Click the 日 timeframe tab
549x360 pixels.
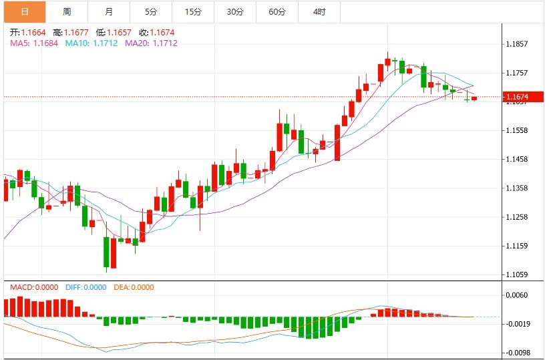pyautogui.click(x=24, y=12)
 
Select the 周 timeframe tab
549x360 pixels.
pyautogui.click(x=67, y=12)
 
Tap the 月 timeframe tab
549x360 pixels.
pyautogui.click(x=109, y=12)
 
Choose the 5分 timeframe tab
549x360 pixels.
pyautogui.click(x=151, y=12)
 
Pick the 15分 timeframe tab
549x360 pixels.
pyautogui.click(x=193, y=12)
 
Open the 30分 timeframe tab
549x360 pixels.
pyautogui.click(x=235, y=12)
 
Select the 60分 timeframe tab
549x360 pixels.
pyautogui.click(x=277, y=12)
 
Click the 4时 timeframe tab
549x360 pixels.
pyautogui.click(x=319, y=12)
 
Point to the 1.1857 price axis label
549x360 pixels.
pyautogui.click(x=518, y=44)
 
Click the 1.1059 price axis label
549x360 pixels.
pyautogui.click(x=518, y=275)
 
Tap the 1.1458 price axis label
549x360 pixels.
pyautogui.click(x=518, y=159)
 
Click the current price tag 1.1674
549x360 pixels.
pyautogui.click(x=518, y=97)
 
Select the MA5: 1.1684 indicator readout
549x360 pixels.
pyautogui.click(x=34, y=43)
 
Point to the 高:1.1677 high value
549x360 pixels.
pyautogui.click(x=70, y=32)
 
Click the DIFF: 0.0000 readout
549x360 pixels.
pyautogui.click(x=86, y=287)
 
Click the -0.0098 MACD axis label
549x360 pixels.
pyautogui.click(x=518, y=353)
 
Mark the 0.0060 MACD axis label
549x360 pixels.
pyautogui.click(x=518, y=295)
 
